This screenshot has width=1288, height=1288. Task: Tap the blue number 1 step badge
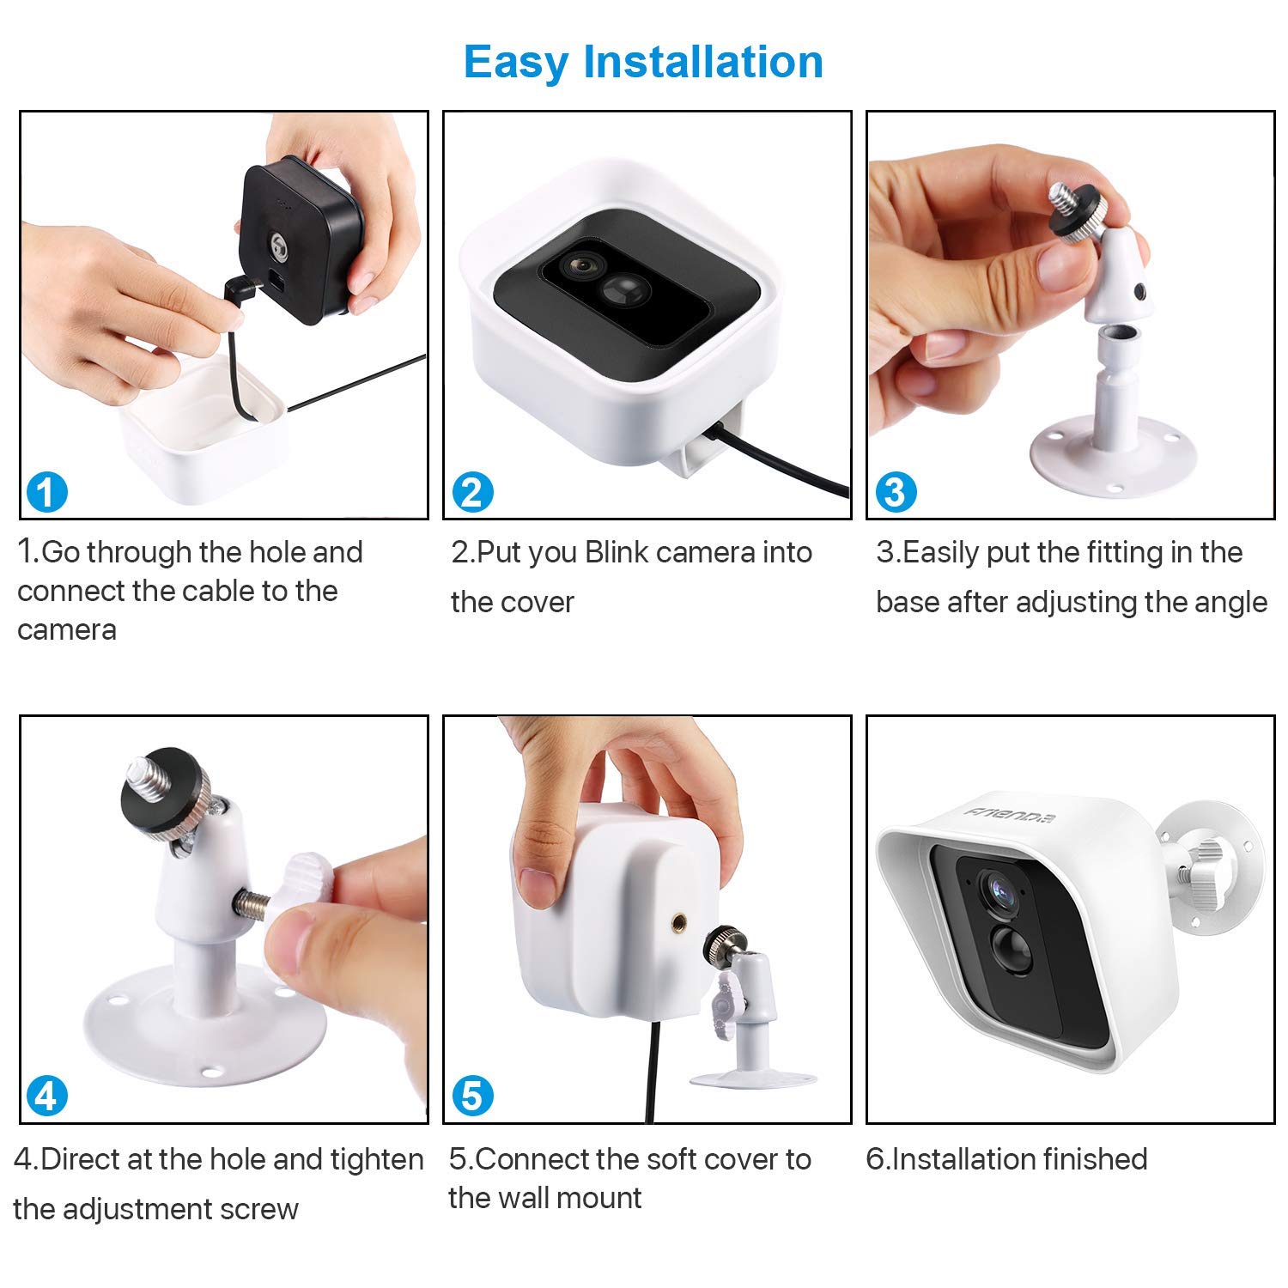point(46,492)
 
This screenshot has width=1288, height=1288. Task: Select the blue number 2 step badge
point(471,492)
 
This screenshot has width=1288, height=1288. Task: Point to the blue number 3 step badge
point(896,492)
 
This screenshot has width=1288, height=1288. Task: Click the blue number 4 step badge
point(46,1097)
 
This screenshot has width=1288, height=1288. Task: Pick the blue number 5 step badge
point(471,1097)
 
